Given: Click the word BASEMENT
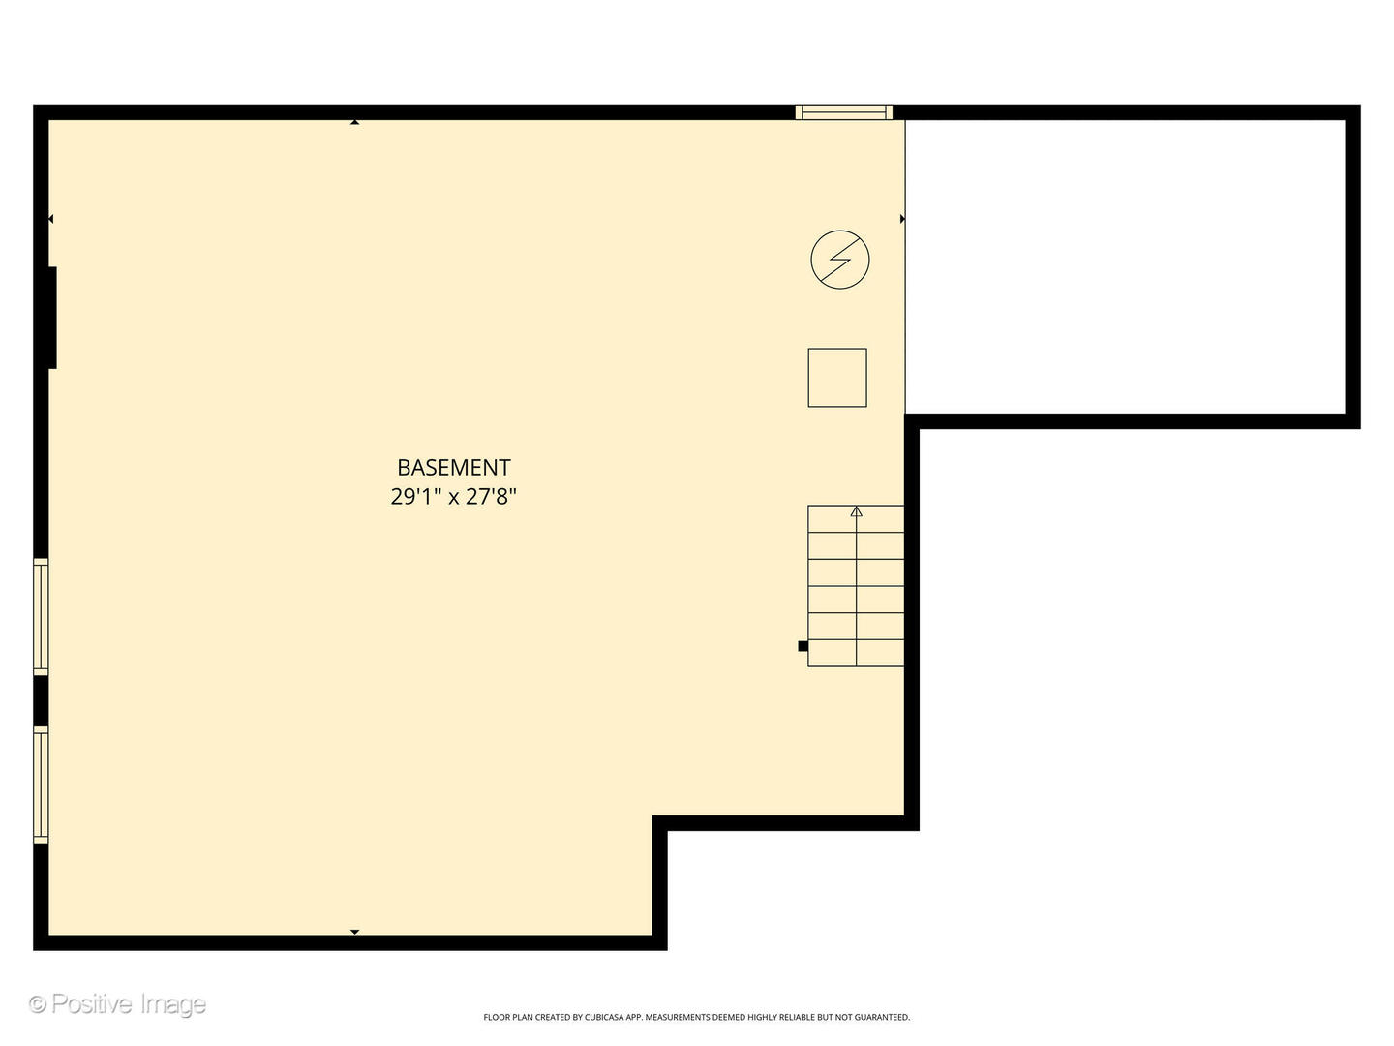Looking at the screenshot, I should pos(453,468).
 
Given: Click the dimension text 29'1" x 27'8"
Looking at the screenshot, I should pos(453,498).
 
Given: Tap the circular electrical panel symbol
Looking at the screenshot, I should pos(840,260).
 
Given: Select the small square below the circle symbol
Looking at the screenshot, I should pos(837,378).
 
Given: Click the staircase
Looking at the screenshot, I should pos(856,586).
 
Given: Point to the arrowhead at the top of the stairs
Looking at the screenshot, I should pos(856,511).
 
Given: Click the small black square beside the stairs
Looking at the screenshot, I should pos(803,646).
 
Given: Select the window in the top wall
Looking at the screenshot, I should pos(843,112).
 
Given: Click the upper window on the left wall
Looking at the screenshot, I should pos(41,616).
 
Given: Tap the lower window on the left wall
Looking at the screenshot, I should pos(41,784).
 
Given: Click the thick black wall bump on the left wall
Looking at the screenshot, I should pos(51,318).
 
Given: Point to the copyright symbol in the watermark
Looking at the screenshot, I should pos(39,1004).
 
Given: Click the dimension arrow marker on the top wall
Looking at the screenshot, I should pos(355,122).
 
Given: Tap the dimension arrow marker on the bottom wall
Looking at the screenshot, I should pos(355,932).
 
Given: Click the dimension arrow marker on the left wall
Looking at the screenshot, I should pos(50,220).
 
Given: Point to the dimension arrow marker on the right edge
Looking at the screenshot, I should pos(902,220).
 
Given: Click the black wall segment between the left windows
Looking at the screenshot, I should pos(41,700).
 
